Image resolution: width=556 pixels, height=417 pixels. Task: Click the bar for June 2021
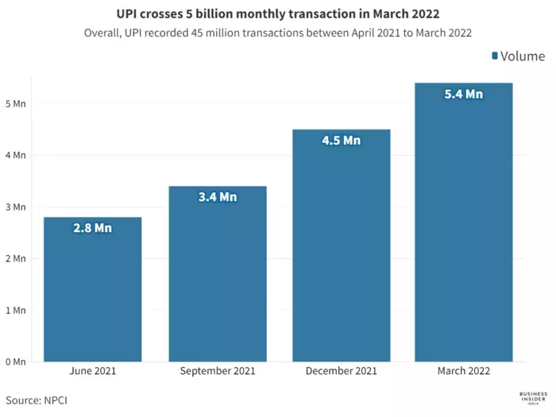click(x=92, y=290)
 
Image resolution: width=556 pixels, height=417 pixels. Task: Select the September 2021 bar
click(x=217, y=274)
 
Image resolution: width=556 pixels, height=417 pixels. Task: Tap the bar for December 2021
click(x=341, y=246)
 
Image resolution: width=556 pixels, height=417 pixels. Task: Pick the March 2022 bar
click(x=464, y=222)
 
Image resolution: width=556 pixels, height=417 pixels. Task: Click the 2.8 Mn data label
click(x=92, y=228)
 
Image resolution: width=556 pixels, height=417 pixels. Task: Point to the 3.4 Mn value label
click(x=217, y=197)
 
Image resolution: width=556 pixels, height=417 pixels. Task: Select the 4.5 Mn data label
click(x=341, y=141)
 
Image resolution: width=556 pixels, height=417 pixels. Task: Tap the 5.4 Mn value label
click(x=464, y=94)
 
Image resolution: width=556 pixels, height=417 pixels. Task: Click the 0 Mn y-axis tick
click(x=17, y=361)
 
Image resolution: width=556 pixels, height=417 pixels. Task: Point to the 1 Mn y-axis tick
click(x=17, y=310)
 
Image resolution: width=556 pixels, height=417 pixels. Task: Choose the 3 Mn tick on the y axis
click(x=17, y=207)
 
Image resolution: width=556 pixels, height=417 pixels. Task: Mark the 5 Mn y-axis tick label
click(x=17, y=103)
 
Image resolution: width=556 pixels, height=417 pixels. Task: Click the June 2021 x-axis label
click(x=92, y=371)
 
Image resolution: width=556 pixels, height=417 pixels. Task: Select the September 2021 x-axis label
click(x=217, y=371)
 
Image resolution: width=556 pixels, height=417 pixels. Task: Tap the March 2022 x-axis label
click(x=464, y=371)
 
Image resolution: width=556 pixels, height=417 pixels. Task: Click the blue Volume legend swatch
click(x=495, y=56)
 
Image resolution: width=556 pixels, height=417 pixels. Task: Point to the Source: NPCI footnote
click(x=37, y=400)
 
